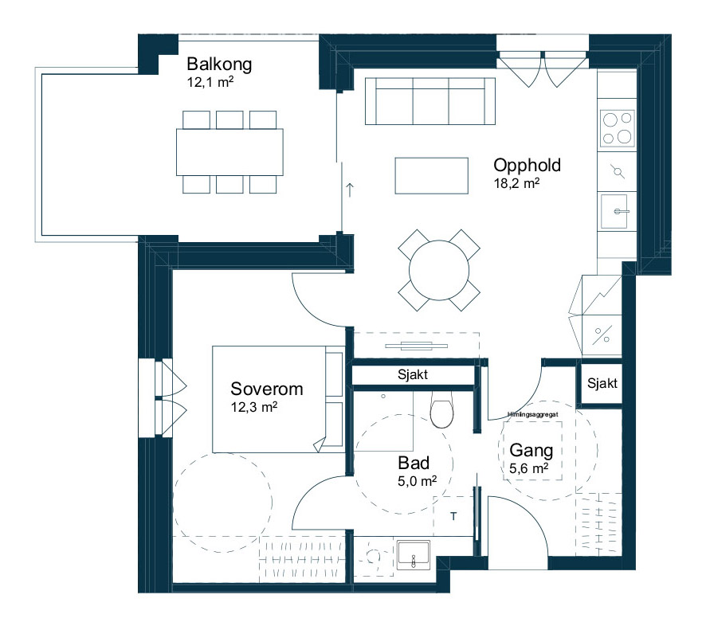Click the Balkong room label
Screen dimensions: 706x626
point(219,64)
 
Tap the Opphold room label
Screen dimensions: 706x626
point(528,165)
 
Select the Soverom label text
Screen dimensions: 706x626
point(267,389)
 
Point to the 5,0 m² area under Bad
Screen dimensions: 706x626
point(417,481)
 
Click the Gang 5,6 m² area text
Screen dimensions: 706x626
point(528,468)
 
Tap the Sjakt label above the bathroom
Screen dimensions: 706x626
point(413,374)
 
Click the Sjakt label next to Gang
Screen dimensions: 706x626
point(602,383)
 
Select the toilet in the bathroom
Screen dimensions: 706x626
point(441,409)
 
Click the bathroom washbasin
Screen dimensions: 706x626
point(414,555)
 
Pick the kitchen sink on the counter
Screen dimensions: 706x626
point(614,211)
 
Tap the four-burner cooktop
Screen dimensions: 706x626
point(618,128)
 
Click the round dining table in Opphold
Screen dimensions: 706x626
point(439,270)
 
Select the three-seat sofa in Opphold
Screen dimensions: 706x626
point(430,101)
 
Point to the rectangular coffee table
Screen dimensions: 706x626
point(431,175)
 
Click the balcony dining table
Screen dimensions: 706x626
point(229,152)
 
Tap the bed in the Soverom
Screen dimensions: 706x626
point(278,399)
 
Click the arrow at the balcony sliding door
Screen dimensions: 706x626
point(350,190)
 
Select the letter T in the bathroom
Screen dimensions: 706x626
point(453,516)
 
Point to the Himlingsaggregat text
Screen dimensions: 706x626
point(532,414)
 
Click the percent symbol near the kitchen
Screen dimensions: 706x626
point(602,335)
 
